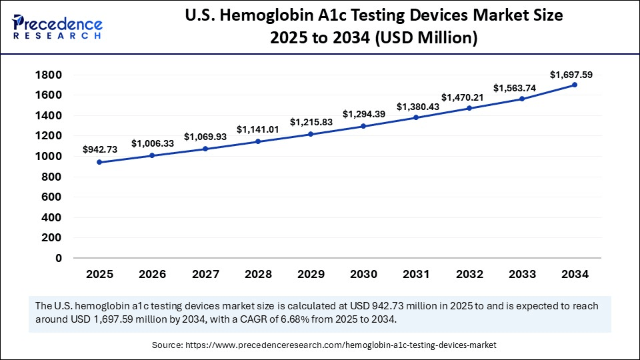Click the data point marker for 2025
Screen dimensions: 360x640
pos(99,162)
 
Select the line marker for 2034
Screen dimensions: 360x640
pos(575,85)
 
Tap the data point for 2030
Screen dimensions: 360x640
pos(363,126)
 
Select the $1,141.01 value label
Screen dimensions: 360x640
pos(257,129)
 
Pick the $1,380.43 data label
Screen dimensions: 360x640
pos(417,107)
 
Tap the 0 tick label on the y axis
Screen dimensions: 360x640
pos(59,258)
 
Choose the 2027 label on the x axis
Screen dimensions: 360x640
pos(205,274)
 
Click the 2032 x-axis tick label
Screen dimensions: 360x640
pos(469,274)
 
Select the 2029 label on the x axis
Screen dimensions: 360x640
pos(311,274)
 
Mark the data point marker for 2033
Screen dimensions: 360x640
pos(522,99)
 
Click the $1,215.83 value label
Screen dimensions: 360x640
pos(310,122)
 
